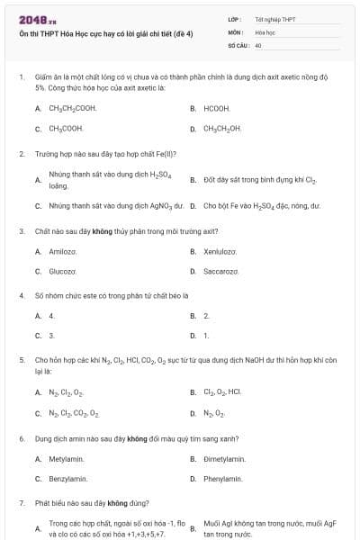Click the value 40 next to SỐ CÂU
[258, 44]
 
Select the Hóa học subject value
[265, 31]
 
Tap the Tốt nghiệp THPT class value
[275, 18]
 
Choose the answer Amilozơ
[62, 251]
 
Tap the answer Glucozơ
[62, 271]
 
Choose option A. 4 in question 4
[51, 316]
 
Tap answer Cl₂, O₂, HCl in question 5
[223, 392]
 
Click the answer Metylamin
[66, 459]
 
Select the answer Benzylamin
[67, 479]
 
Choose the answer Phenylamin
[224, 479]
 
